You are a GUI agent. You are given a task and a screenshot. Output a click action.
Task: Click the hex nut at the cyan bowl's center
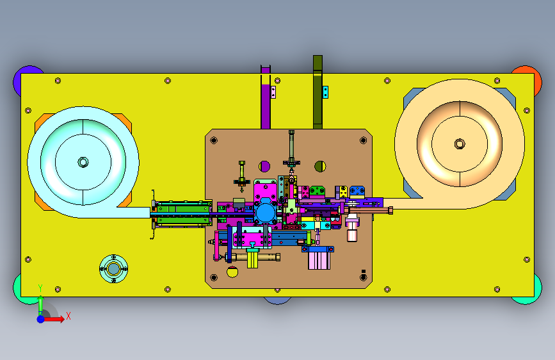point(83,162)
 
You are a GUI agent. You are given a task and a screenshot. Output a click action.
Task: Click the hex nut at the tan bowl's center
point(460,144)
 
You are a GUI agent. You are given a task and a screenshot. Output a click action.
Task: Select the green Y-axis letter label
point(40,288)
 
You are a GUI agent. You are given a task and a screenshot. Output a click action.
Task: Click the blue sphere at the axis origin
point(41,319)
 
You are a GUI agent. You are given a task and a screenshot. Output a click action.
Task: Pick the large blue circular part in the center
point(266,213)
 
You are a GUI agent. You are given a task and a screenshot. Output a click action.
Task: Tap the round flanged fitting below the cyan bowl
point(113,269)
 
